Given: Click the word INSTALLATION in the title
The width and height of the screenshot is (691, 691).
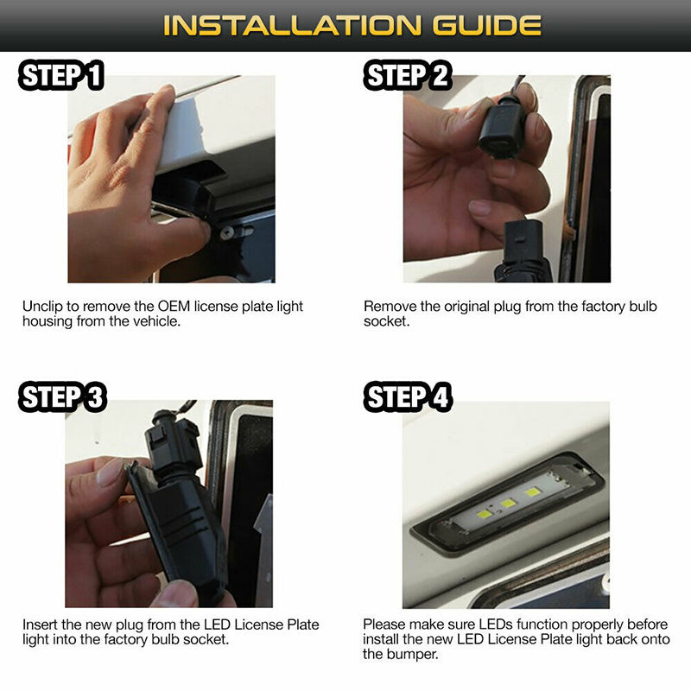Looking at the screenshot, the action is click(x=292, y=25).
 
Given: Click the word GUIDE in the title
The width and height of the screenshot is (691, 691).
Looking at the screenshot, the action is click(x=486, y=25).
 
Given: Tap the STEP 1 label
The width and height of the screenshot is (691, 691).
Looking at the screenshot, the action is click(x=61, y=75).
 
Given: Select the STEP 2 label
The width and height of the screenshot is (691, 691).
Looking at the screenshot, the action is click(x=408, y=75).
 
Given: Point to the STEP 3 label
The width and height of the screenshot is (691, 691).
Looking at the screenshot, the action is click(x=62, y=397).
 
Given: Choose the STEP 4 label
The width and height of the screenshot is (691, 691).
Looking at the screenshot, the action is click(x=408, y=397).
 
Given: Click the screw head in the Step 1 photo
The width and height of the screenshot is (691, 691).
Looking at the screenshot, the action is click(x=227, y=232).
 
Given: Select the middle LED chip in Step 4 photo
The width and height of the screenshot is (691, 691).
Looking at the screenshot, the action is click(x=508, y=503).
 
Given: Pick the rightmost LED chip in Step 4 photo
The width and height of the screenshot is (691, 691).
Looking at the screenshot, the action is click(x=532, y=491).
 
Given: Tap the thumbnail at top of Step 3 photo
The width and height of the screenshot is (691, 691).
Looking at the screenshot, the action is click(x=110, y=472).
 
